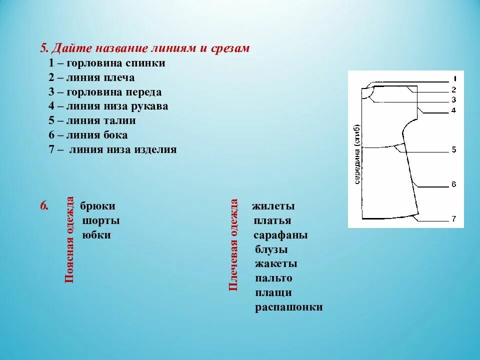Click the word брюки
(x=98, y=206)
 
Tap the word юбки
(x=96, y=235)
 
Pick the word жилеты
(x=273, y=206)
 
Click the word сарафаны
(x=280, y=235)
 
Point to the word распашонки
(x=288, y=307)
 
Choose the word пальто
(x=273, y=278)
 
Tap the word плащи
(x=273, y=292)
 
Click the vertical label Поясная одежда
(x=69, y=239)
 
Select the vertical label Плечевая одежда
(x=233, y=244)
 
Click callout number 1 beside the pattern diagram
(x=454, y=79)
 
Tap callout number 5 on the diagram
(x=454, y=149)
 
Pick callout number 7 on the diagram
(x=453, y=218)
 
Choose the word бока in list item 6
(x=114, y=135)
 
